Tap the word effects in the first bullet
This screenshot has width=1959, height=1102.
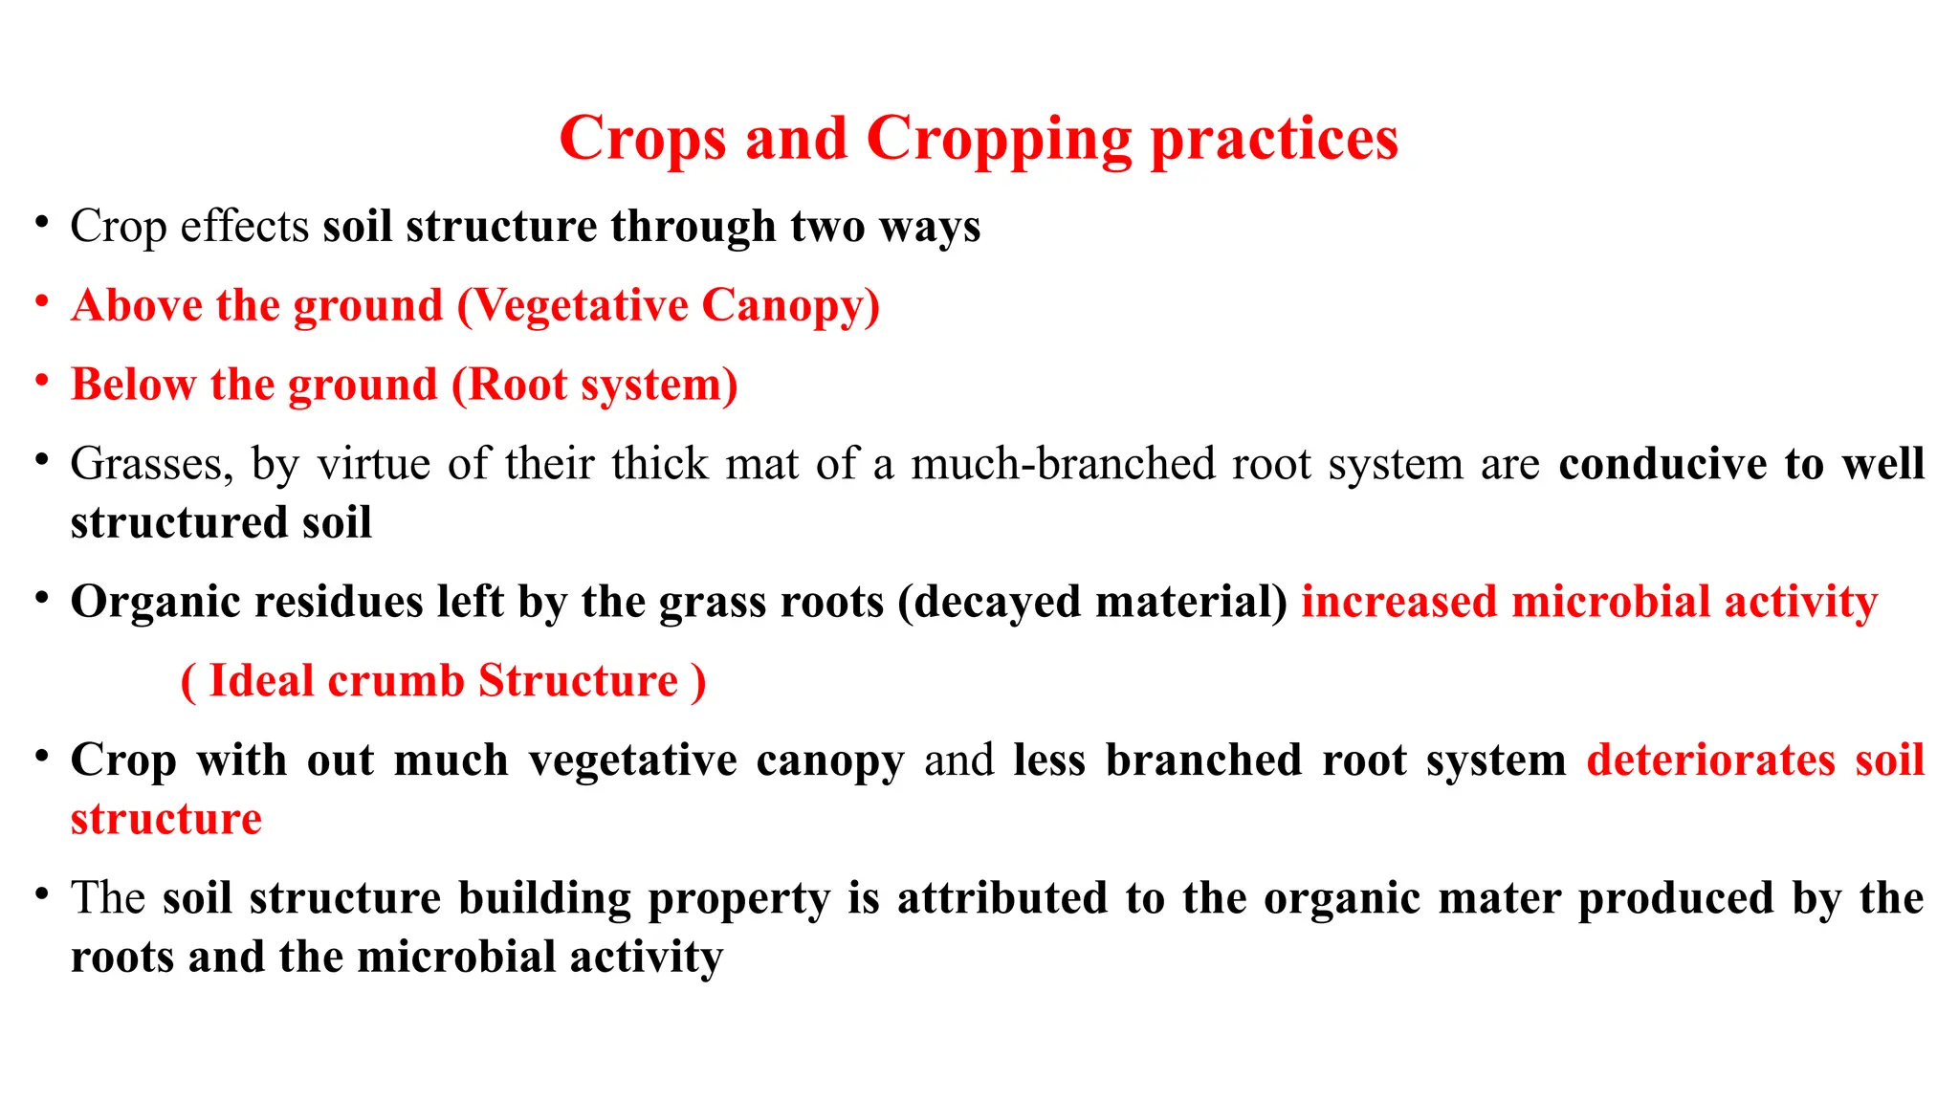tap(245, 227)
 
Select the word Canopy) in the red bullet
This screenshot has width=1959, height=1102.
tap(790, 306)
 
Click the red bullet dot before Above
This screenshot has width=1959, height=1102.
tap(41, 302)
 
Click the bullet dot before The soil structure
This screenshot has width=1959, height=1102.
tap(41, 894)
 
